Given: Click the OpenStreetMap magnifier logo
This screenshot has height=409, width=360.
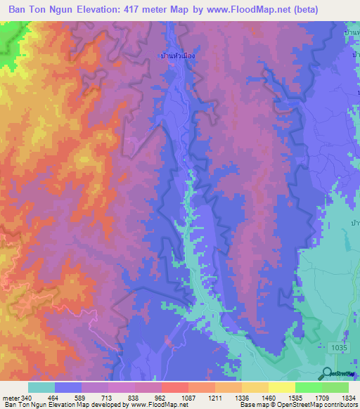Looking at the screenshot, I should pyautogui.click(x=328, y=375).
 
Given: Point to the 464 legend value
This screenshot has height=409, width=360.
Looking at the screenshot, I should pyautogui.click(x=54, y=397).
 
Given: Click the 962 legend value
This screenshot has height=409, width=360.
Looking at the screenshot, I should pyautogui.click(x=160, y=397).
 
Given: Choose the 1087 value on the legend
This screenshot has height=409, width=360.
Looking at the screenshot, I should pyautogui.click(x=188, y=397).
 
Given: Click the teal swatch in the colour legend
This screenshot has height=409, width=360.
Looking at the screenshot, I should pyautogui.click(x=41, y=387).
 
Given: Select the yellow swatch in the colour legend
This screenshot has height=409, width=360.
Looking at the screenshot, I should pyautogui.click(x=281, y=387).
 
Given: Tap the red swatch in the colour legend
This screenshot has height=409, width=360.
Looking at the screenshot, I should pyautogui.click(x=174, y=387).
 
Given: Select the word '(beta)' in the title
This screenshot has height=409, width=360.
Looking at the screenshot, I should pyautogui.click(x=331, y=10).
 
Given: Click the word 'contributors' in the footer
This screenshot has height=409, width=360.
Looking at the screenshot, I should pyautogui.click(x=339, y=405).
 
